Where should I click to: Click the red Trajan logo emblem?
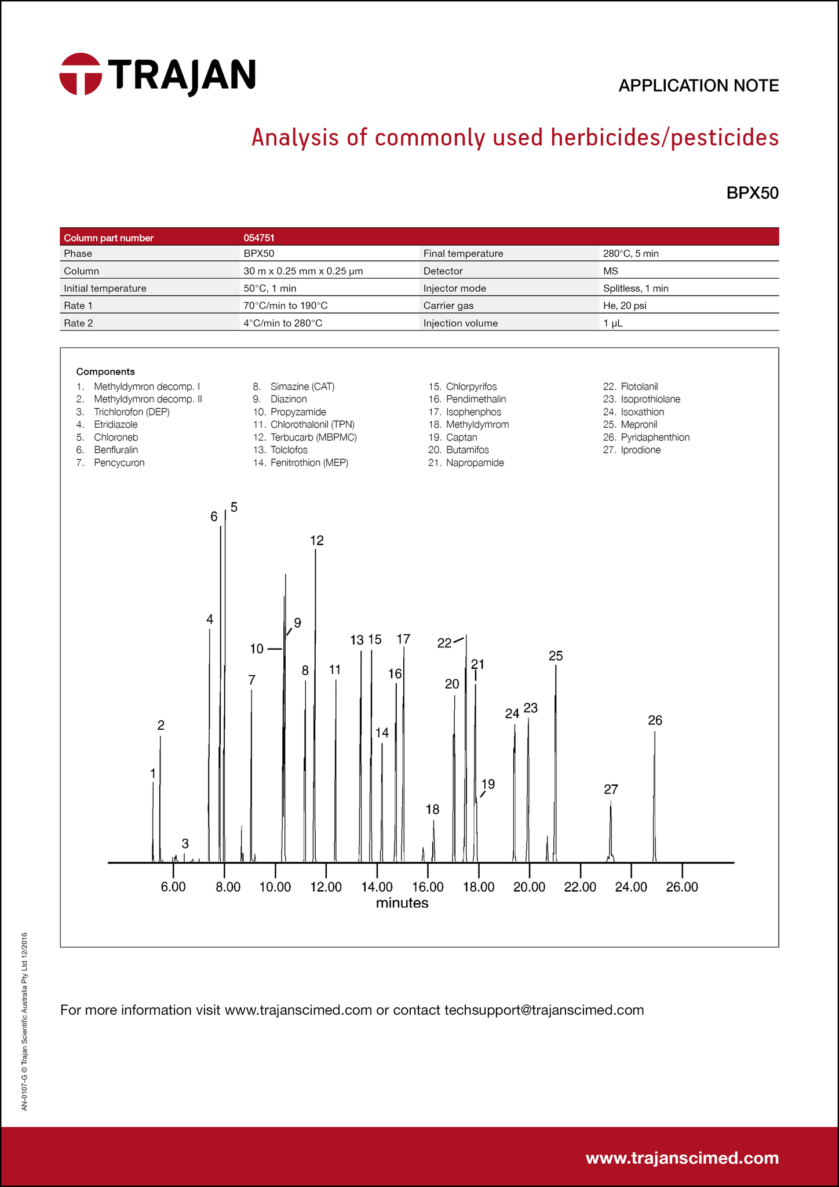(81, 74)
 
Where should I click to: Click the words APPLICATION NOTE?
(698, 86)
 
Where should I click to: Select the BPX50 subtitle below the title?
(752, 193)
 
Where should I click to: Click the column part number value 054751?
(259, 238)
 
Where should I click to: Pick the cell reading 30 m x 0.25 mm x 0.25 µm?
(303, 271)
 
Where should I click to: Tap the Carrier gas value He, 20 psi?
(625, 306)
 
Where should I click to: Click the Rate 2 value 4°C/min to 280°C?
(283, 323)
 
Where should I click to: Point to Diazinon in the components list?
(289, 399)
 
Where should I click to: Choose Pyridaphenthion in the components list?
(655, 438)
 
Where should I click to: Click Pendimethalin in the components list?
(476, 399)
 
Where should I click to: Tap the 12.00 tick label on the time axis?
(326, 887)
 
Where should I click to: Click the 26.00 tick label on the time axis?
(682, 887)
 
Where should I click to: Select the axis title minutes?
(402, 903)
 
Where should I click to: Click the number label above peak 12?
(317, 541)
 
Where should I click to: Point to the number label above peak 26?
(655, 720)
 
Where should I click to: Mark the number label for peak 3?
(185, 843)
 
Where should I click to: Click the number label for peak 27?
(611, 789)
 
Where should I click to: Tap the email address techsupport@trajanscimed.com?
(544, 1010)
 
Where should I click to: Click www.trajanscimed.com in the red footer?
(682, 1158)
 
